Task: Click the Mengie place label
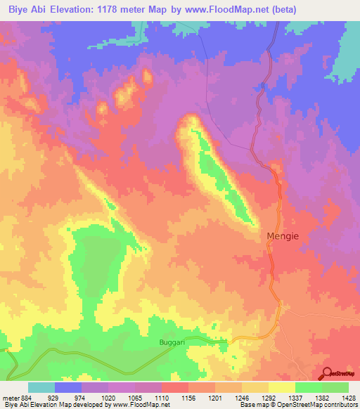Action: pos(283,237)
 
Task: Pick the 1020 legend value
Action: pos(108,398)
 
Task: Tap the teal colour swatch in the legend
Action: pos(41,387)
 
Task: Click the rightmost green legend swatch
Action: pos(335,387)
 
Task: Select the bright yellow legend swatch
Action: pos(281,387)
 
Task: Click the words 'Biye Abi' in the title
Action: pos(26,9)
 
